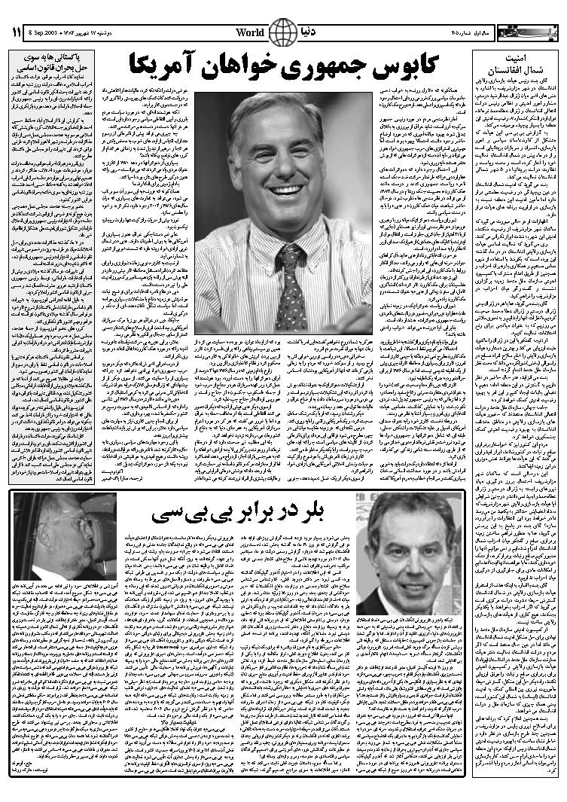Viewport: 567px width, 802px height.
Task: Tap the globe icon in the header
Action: pos(282,32)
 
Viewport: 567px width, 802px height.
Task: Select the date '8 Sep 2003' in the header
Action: pos(45,33)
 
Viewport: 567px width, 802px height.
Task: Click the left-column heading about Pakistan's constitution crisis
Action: pos(52,65)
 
